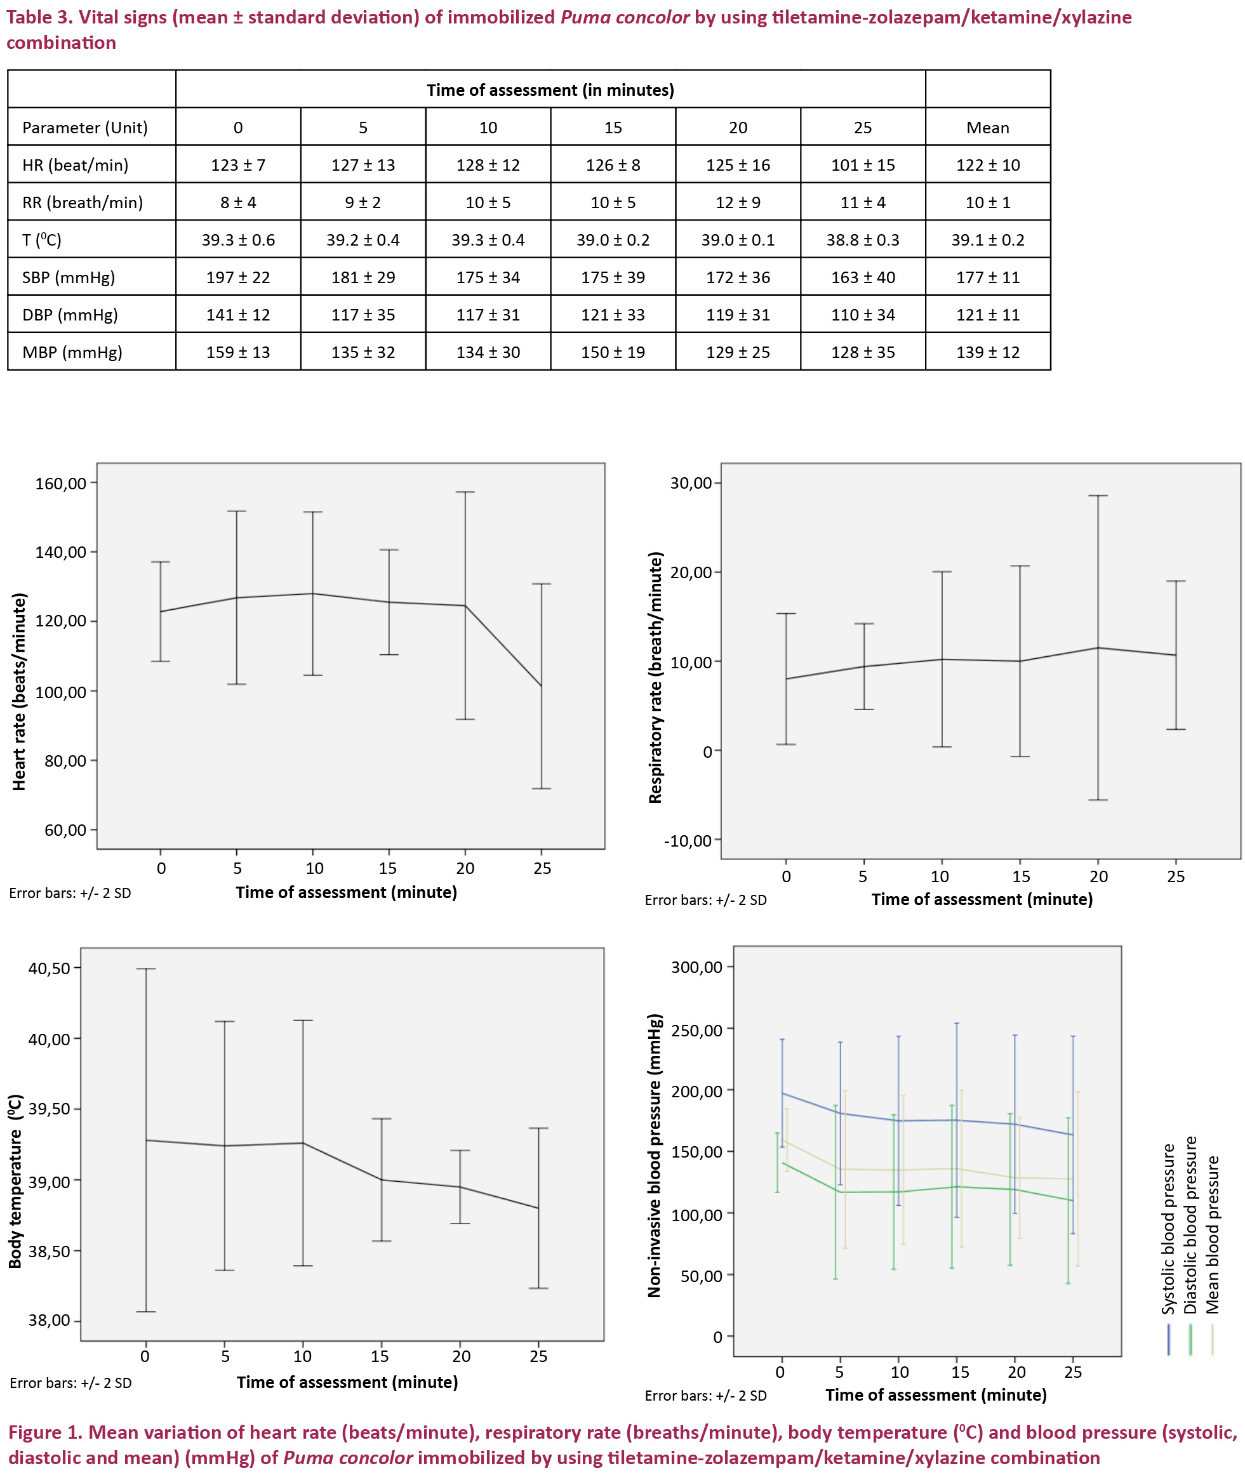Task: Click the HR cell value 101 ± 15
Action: [862, 165]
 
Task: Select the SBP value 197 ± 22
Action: [238, 277]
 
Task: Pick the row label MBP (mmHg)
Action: [72, 352]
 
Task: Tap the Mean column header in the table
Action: [987, 128]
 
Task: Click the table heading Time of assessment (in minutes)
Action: [550, 90]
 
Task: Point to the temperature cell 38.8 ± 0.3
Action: [862, 240]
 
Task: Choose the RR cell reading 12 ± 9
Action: [738, 202]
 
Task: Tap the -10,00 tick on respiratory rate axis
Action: [688, 841]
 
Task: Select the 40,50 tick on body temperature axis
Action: [50, 968]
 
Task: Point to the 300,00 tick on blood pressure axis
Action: [696, 967]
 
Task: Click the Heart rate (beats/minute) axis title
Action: [20, 691]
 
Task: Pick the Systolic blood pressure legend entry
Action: [1169, 1228]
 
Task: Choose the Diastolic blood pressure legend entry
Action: [1190, 1225]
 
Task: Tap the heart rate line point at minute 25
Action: [542, 685]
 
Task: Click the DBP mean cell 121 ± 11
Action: [987, 315]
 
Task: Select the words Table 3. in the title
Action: [37, 17]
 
